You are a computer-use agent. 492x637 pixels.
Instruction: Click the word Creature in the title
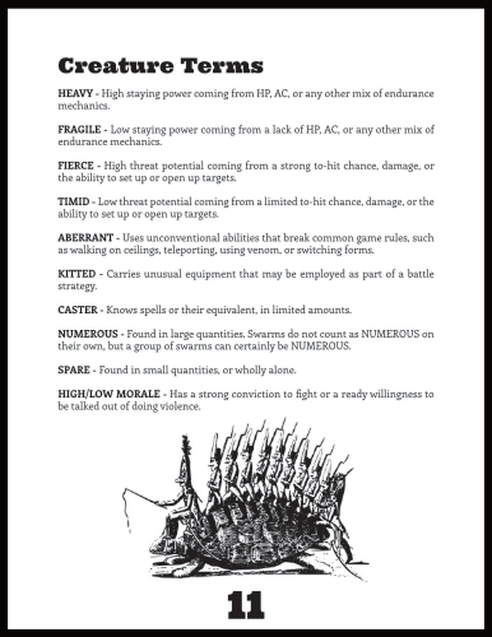[115, 66]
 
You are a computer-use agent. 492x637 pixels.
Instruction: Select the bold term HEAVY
[75, 94]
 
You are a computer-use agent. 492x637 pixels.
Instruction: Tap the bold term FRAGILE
[79, 130]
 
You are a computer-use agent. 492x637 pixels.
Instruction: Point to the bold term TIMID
[73, 202]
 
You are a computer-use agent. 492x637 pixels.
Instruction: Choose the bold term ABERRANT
[85, 238]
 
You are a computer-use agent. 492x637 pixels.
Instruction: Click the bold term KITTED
[76, 274]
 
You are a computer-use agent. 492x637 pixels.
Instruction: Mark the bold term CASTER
[77, 310]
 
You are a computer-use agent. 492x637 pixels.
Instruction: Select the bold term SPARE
[73, 370]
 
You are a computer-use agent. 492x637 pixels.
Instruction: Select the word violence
[182, 406]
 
